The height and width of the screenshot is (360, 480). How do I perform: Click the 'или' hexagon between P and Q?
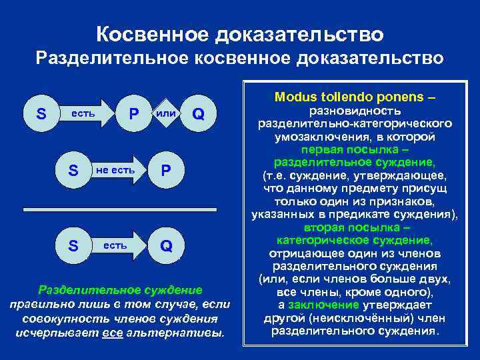[x=166, y=114]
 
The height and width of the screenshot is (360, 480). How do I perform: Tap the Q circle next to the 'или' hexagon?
[x=198, y=114]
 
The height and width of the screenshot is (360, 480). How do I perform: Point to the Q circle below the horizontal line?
[x=166, y=245]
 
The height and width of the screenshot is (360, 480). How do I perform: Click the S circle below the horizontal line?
[x=75, y=245]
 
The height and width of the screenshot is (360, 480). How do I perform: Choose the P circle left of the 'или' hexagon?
[x=134, y=114]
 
